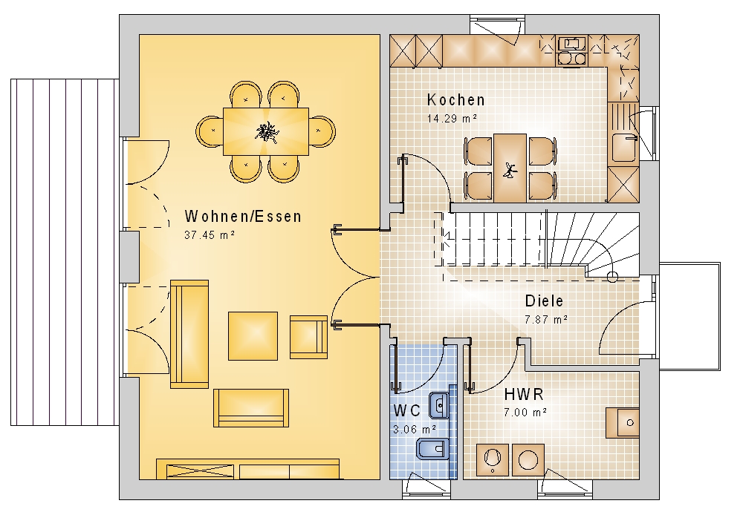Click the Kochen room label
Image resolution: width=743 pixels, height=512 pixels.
tap(456, 100)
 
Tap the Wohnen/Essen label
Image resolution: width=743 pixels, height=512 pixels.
tap(243, 216)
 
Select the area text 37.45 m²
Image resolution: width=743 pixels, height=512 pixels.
tap(210, 234)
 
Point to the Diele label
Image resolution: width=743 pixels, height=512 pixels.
tap(544, 301)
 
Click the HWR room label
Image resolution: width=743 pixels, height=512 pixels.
tap(524, 394)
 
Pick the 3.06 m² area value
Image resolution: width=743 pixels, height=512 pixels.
tap(415, 429)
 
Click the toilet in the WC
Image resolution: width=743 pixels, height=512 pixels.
tap(432, 449)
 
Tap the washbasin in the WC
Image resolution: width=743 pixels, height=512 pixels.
tap(439, 406)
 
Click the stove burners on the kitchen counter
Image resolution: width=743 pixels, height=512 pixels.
tap(572, 58)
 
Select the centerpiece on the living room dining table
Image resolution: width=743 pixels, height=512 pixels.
tap(266, 131)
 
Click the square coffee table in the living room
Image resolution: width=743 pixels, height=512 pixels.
tap(253, 336)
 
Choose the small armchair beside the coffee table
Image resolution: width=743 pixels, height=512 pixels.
tap(308, 337)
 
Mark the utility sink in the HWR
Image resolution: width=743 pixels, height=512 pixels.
tap(623, 422)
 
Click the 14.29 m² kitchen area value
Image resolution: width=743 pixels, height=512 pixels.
tap(452, 118)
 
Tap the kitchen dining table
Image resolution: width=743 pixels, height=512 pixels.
tap(510, 168)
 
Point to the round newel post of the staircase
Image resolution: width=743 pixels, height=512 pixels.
tap(613, 277)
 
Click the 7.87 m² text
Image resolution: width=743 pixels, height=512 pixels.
tap(546, 319)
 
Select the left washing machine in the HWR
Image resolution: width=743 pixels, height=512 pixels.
tap(492, 459)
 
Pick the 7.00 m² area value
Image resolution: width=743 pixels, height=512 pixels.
tap(525, 412)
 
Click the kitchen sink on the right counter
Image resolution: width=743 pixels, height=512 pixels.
tap(623, 148)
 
